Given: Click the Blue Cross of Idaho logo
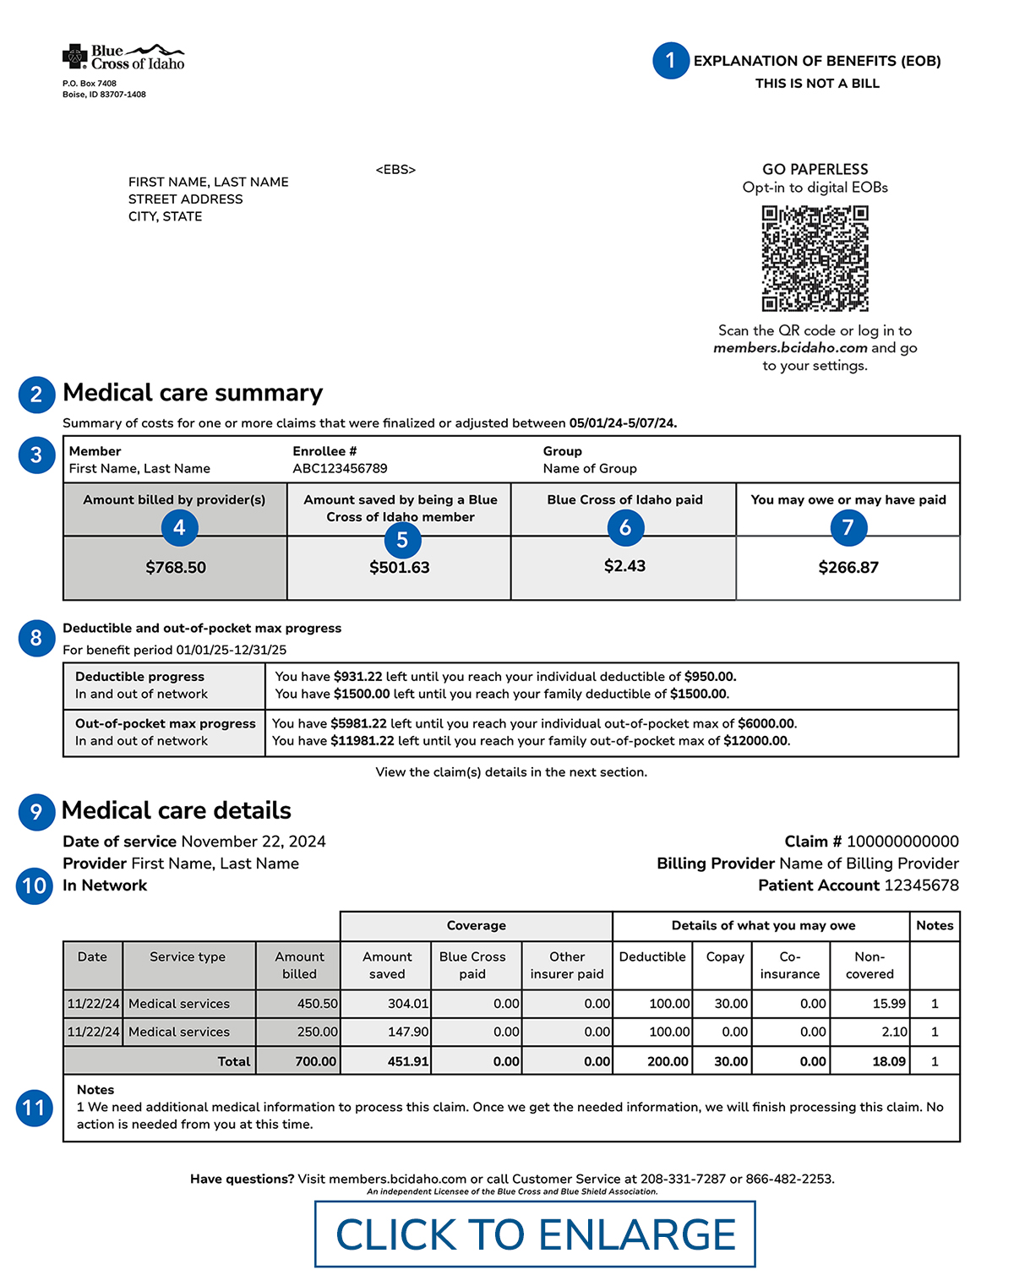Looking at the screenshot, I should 123,57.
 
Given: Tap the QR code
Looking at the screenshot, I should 815,259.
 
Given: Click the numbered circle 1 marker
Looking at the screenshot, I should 670,61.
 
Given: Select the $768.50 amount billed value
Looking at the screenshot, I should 176,568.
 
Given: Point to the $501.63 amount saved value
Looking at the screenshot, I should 400,568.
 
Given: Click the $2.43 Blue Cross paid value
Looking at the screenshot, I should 624,566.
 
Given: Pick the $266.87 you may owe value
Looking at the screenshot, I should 848,568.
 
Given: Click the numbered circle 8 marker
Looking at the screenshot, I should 36,638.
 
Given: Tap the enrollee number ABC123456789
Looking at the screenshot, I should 340,469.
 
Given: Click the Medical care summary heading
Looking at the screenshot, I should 193,393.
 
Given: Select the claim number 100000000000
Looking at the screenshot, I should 902,842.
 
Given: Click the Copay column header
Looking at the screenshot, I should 725,957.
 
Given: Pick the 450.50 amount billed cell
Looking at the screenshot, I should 317,1004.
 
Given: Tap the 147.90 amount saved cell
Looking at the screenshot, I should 408,1032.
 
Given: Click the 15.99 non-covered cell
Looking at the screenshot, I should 889,1004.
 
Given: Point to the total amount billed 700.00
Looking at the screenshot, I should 315,1061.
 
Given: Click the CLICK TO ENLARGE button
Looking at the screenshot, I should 535,1234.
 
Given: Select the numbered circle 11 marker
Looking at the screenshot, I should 34,1108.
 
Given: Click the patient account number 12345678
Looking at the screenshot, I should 921,885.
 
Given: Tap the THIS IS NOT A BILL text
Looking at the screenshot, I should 817,84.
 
